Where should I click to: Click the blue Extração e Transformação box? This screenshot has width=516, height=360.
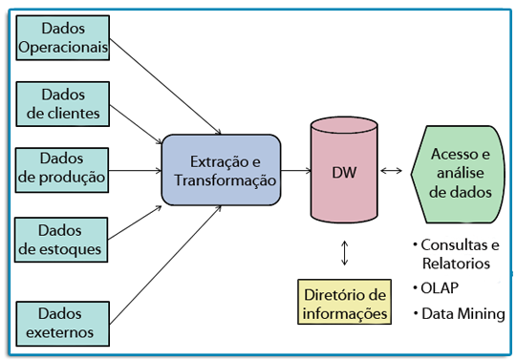221,170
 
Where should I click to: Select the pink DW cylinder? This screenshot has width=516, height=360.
343,172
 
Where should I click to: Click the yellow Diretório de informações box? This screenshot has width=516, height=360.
343,303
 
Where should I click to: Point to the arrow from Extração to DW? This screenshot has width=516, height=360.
295,172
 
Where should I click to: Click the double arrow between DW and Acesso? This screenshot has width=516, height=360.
392,172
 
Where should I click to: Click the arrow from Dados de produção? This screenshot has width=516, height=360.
134,172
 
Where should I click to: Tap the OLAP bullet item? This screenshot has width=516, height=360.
441,287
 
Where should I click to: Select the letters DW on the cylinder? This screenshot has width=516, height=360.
343,173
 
